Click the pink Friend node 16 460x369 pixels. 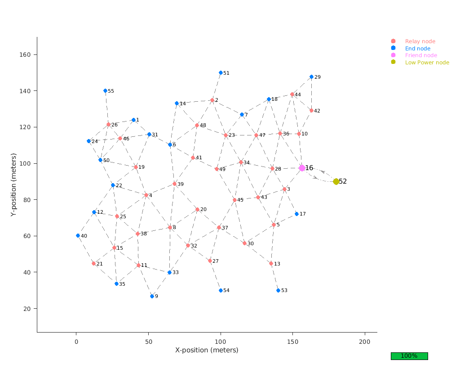pos(302,168)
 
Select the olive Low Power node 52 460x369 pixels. pos(336,181)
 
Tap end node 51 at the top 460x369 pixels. pos(221,72)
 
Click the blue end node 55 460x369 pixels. pos(105,90)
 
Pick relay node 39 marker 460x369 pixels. pos(174,184)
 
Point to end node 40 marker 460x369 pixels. pos(78,235)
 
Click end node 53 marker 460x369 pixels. pos(278,290)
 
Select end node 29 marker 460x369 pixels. pos(311,76)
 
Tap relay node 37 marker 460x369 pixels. pos(219,227)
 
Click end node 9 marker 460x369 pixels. pos(152,296)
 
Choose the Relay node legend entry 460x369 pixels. pos(420,41)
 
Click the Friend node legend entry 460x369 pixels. pos(420,55)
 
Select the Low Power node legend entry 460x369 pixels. pos(426,63)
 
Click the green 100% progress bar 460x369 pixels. pos(409,356)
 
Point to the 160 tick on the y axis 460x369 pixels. pos(25,55)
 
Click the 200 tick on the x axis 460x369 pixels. pos(364,342)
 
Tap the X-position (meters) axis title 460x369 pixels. pos(207,350)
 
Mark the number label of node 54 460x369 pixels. pos(226,291)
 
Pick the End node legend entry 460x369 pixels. pos(417,49)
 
